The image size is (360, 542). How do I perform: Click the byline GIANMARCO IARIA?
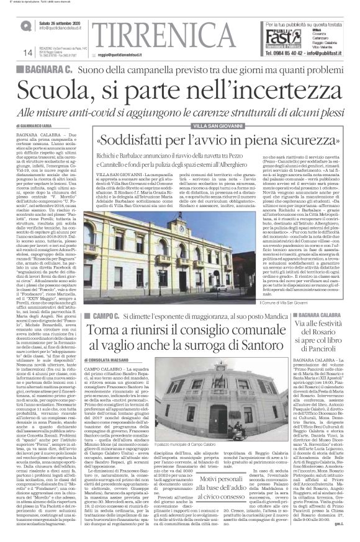click(x=40, y=125)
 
